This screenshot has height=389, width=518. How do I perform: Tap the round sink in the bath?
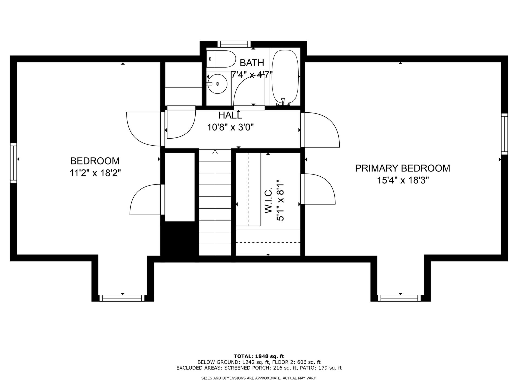[217, 84]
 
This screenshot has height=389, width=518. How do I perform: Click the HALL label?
[230, 115]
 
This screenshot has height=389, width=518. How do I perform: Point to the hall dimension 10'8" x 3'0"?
[230, 127]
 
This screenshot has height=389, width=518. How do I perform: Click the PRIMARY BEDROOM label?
[403, 168]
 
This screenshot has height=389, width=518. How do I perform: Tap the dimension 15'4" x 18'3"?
[403, 180]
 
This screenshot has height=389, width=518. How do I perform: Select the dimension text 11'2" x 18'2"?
[95, 173]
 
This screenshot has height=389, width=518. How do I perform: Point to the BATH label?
[252, 63]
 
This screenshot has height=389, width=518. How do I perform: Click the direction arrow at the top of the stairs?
[215, 152]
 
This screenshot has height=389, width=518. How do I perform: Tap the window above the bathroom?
[234, 44]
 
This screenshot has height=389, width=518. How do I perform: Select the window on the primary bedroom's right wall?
[505, 134]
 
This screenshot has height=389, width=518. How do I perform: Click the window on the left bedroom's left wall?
[13, 163]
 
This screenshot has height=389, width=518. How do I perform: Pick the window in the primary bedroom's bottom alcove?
[399, 298]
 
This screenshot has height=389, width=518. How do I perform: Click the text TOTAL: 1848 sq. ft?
[259, 356]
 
